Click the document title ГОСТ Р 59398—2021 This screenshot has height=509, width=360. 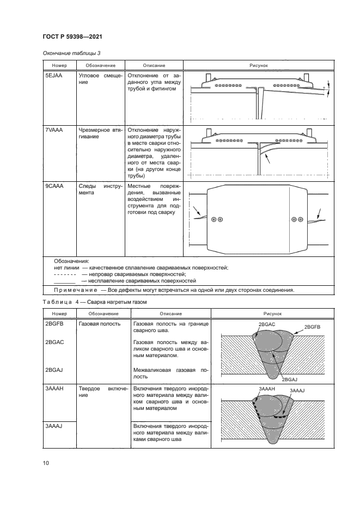point(72,36)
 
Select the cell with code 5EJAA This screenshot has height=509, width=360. point(53,75)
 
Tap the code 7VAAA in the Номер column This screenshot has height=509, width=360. point(54,130)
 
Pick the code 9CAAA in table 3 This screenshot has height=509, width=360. point(54,186)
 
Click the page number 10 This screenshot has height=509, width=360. point(46,463)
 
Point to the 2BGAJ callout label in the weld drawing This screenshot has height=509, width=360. point(290,379)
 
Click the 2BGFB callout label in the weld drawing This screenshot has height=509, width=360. point(312,327)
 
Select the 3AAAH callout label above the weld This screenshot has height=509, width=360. point(267,389)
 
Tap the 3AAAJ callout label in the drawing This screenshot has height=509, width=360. point(297,390)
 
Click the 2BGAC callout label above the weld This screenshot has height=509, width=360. point(267,324)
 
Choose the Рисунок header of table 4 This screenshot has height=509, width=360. point(273,314)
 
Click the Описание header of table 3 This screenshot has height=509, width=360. point(154,65)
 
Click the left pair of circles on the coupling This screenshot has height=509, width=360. point(217,219)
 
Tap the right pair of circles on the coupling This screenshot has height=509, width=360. point(297,219)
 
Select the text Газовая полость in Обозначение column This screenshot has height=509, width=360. point(100,324)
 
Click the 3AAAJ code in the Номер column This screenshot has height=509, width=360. point(54,426)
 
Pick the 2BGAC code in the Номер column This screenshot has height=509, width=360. point(54,342)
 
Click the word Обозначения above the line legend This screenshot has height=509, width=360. point(71,261)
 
